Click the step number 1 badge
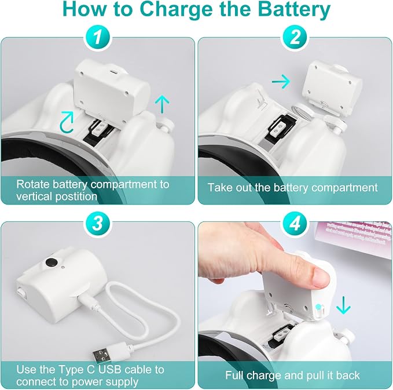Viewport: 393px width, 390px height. [97, 38]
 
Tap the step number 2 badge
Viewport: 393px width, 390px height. [295, 38]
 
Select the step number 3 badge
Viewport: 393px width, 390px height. [97, 223]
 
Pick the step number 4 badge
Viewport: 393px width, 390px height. [295, 223]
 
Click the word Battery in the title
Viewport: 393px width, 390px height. [294, 9]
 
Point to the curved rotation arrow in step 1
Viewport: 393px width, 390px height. [67, 122]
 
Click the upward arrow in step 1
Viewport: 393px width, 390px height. [162, 105]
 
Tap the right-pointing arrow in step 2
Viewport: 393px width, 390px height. [281, 81]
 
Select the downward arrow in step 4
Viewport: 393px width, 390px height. [343, 305]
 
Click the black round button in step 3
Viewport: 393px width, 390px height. [52, 263]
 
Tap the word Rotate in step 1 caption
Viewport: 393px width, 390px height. [33, 184]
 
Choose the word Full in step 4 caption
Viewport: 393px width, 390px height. [236, 376]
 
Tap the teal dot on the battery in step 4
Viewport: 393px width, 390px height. [318, 307]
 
